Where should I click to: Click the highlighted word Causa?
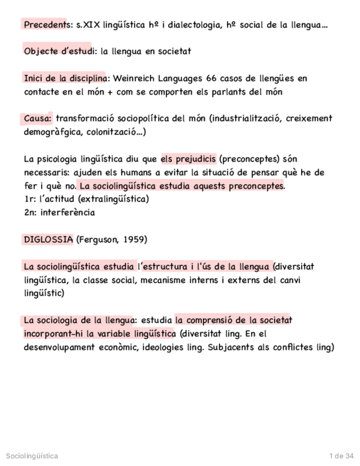coord(37,118)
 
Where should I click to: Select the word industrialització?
coord(247,118)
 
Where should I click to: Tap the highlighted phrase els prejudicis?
coord(189,159)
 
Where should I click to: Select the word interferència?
coord(68,212)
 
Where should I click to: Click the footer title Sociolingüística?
coord(31,456)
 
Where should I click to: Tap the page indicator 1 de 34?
coord(341,456)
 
